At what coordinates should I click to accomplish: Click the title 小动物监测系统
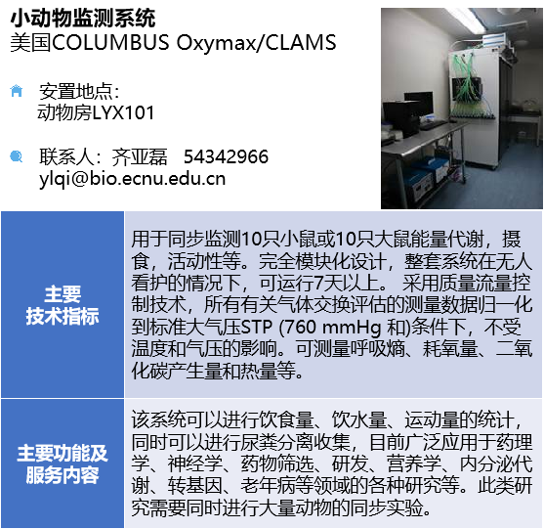pos(83,18)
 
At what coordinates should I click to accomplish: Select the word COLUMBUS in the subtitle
pos(110,42)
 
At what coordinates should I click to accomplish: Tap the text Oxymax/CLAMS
pos(257,42)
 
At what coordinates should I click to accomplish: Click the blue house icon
pos(17,91)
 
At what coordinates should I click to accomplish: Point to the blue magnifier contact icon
pos(17,156)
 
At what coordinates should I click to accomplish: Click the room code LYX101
pos(123,112)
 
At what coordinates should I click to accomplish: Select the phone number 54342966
pos(226,156)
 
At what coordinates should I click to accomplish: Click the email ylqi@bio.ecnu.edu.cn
pos(132,179)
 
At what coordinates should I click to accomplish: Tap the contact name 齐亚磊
pos(139,156)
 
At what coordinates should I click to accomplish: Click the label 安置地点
pos(76,91)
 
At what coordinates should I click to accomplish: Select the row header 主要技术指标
pos(63,305)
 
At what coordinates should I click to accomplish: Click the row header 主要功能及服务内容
pos(63,463)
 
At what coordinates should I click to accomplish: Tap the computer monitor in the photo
pos(419,104)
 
